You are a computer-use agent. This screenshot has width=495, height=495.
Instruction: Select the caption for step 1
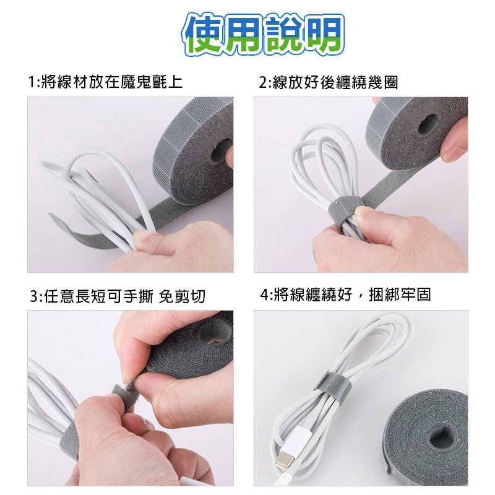click(x=105, y=82)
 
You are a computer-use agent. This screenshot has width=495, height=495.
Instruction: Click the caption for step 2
click(x=328, y=82)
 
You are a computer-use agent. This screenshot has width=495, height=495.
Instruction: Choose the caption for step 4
click(x=346, y=295)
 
